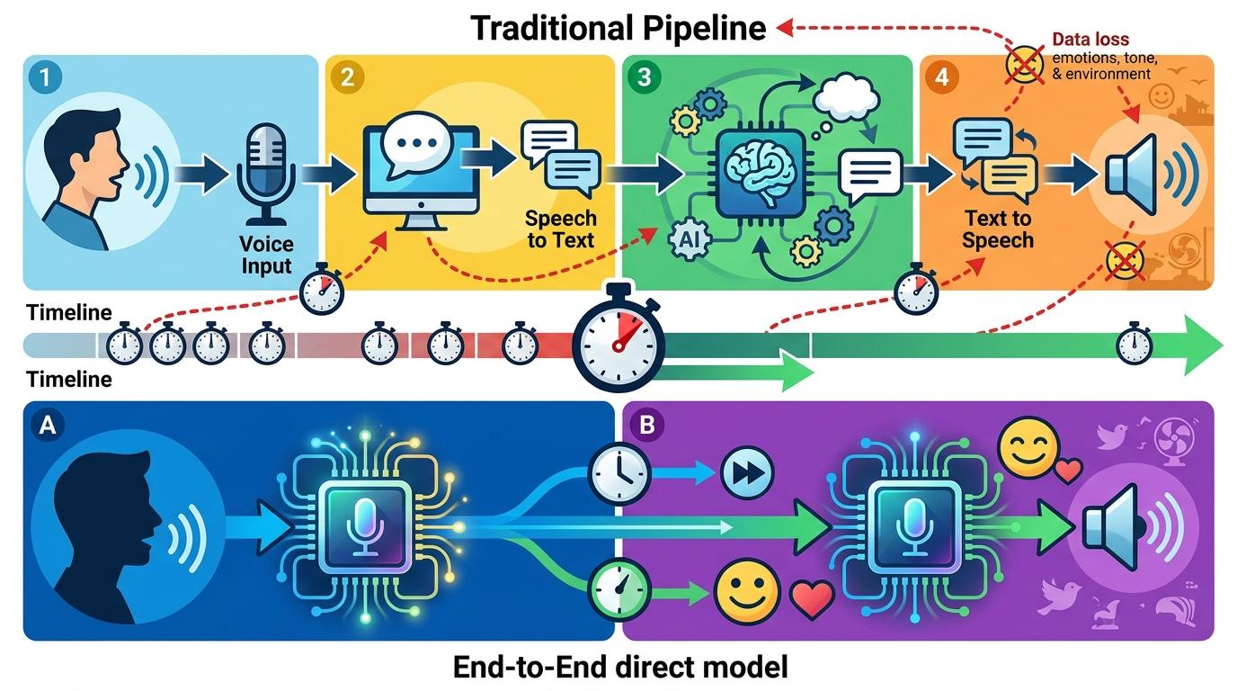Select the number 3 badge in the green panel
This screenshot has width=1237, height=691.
[x=644, y=77]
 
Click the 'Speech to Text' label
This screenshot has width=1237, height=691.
[x=561, y=229]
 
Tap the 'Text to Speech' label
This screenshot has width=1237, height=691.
[x=998, y=229]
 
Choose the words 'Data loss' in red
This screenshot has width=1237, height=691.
[x=1090, y=40]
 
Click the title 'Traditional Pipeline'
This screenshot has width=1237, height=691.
[x=618, y=28]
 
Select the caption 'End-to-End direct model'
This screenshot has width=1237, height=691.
[x=620, y=668]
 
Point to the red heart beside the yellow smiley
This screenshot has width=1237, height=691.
[x=812, y=597]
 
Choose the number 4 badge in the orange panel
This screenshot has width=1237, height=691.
[x=941, y=77]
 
